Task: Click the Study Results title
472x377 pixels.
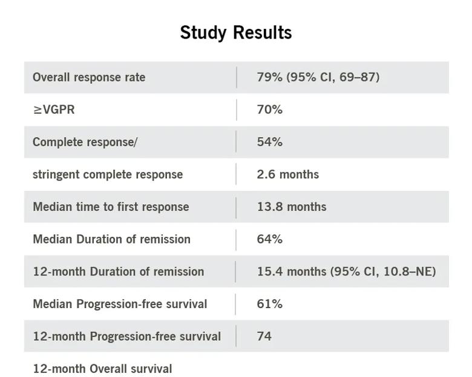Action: point(236,32)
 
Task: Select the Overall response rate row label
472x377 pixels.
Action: point(89,77)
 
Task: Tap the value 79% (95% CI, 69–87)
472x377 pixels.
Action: point(318,77)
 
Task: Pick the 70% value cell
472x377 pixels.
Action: point(269,109)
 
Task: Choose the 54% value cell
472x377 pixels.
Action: point(269,142)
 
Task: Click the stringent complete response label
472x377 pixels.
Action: point(108,175)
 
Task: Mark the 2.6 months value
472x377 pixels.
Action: point(287,175)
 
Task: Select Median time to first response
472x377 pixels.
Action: point(111,207)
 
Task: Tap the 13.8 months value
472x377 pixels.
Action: point(291,207)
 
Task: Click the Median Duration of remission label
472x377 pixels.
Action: point(111,239)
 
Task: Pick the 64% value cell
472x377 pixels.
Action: point(269,239)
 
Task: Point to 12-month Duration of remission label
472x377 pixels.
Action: point(118,271)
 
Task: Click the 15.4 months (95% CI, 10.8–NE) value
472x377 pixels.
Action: point(346,271)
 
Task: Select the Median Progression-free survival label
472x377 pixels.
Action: point(120,304)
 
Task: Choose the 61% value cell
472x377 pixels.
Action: point(269,304)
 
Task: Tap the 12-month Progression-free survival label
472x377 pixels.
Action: point(126,336)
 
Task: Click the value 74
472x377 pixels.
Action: point(264,336)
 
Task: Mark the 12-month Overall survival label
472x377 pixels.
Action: point(102,369)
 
